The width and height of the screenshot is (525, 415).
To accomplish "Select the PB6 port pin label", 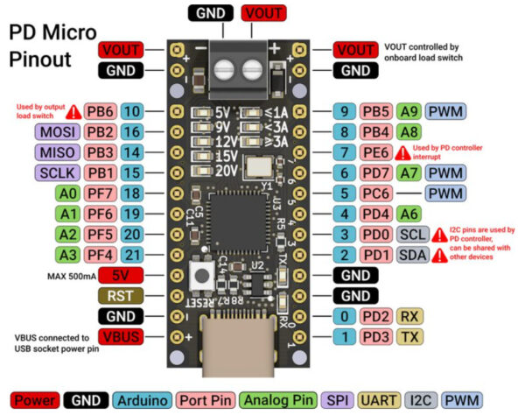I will (101, 112).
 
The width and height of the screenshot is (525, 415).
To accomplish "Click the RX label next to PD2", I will (409, 315).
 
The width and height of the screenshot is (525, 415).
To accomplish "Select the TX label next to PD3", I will (409, 336).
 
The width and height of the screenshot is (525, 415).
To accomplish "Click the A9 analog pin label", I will (408, 111).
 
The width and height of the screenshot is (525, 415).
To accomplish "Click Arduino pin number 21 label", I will (132, 254).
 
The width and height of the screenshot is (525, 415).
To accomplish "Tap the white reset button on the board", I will (201, 276).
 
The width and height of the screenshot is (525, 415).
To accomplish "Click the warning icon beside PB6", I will (72, 112).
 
